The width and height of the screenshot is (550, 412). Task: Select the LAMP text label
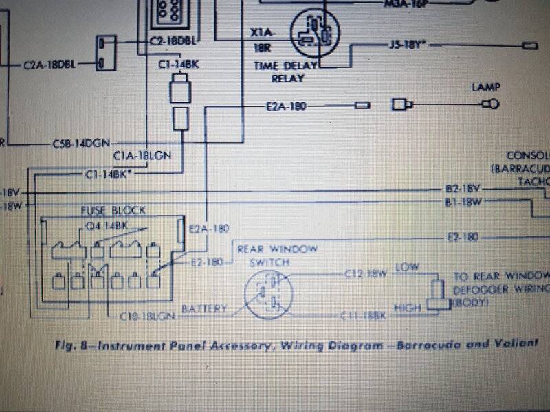coord(485,87)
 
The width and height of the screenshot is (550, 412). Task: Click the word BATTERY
coord(204,310)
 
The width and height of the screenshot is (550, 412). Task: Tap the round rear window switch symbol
coord(269,295)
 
